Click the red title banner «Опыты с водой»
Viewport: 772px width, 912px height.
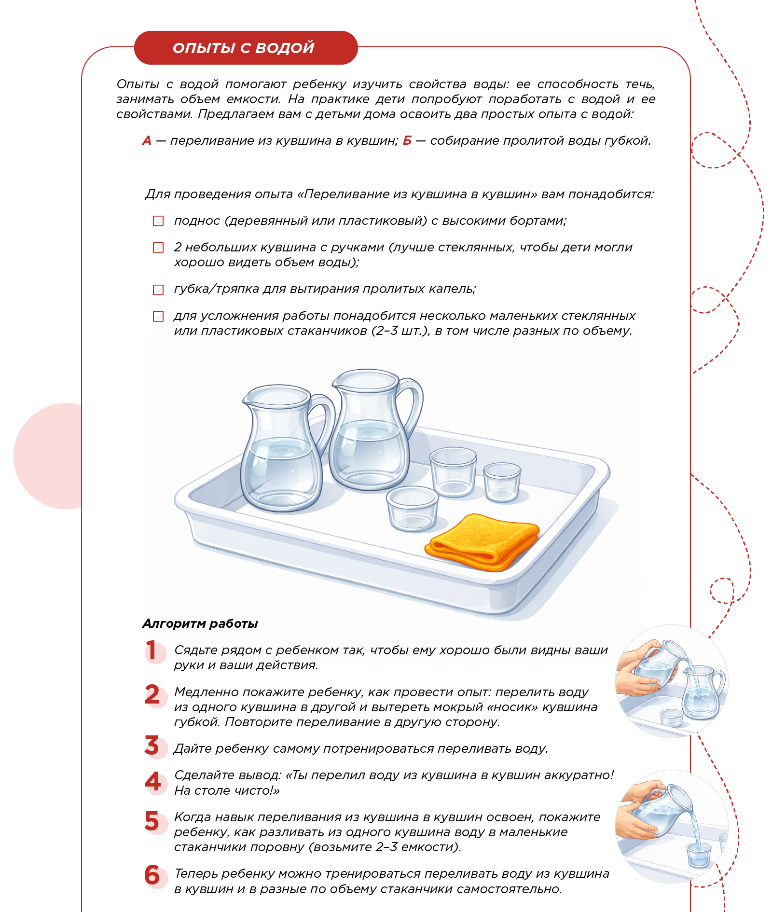point(246,48)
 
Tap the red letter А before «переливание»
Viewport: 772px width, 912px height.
point(147,141)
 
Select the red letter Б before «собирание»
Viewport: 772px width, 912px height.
point(407,141)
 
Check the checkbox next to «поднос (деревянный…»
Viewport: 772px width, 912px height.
point(158,221)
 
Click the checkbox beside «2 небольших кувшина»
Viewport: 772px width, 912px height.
point(158,248)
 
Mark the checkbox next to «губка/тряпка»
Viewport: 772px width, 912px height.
point(158,290)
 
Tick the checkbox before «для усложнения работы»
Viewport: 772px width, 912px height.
point(158,316)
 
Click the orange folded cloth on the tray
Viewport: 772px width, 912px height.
point(482,541)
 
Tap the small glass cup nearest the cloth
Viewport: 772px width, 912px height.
point(413,509)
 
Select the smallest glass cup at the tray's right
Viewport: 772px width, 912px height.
point(502,482)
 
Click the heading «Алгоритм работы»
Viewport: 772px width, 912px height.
point(200,624)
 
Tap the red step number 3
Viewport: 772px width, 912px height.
point(152,746)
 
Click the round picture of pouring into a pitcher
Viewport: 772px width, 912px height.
point(672,681)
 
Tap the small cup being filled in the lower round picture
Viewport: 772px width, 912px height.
point(698,854)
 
